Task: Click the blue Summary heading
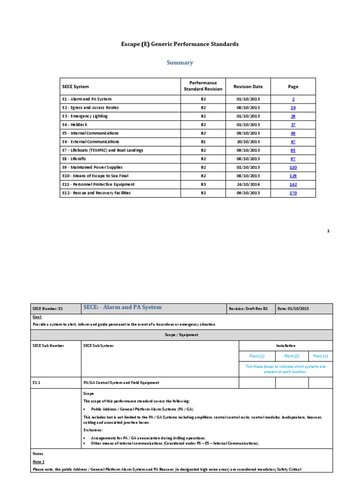point(180,62)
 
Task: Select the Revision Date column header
point(248,86)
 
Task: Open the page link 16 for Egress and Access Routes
point(293,108)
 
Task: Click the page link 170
point(293,193)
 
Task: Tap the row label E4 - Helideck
point(75,125)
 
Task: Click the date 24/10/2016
point(248,185)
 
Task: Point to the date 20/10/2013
point(248,142)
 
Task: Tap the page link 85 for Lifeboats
point(293,150)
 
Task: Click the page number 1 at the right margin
point(328,231)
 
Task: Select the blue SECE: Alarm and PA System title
point(122,307)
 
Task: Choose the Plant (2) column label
point(292,356)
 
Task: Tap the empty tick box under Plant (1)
point(257,382)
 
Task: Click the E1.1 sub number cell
point(37,382)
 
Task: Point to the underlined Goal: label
point(37,317)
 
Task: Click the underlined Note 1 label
point(38,461)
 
